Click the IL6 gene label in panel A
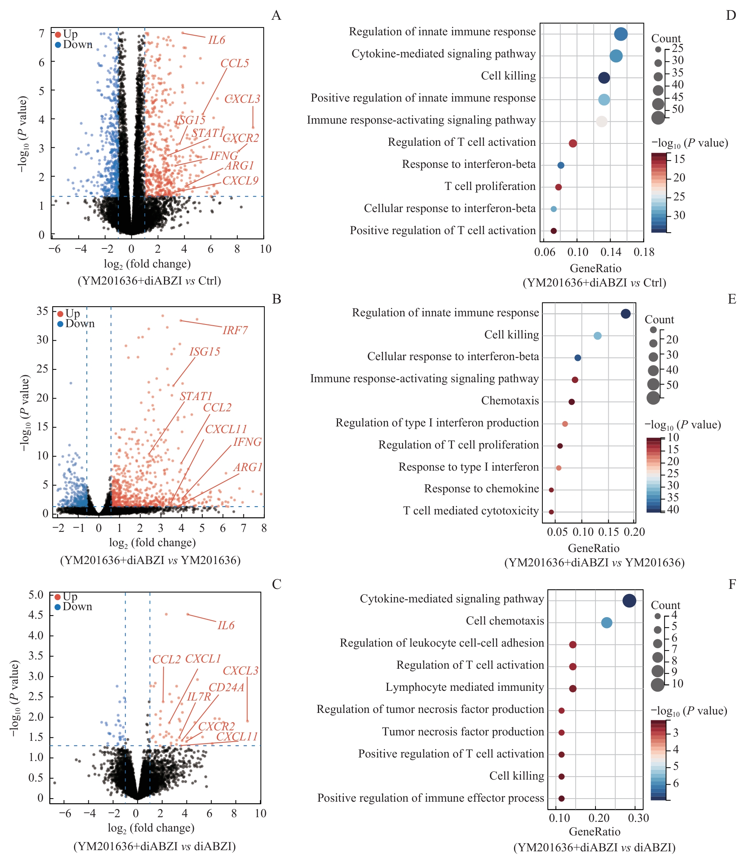tap(216, 40)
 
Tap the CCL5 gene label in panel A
tap(235, 63)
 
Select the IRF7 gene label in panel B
tap(235, 330)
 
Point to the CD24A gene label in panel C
tap(226, 687)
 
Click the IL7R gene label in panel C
tap(199, 697)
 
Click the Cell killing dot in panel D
tap(604, 78)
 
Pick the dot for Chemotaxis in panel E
tap(572, 402)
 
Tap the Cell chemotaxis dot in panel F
tap(607, 623)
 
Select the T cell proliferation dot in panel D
tap(558, 187)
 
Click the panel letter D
tap(731, 16)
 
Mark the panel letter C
tap(277, 584)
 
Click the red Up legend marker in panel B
tap(60, 314)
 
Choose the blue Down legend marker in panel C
tap(58, 607)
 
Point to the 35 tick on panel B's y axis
tap(42, 311)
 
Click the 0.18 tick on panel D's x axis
tap(644, 252)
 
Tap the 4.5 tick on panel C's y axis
tap(36, 614)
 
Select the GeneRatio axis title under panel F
tap(595, 832)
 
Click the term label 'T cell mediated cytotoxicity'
tap(471, 511)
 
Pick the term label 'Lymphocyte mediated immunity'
tap(464, 687)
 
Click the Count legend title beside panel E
tap(659, 319)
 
